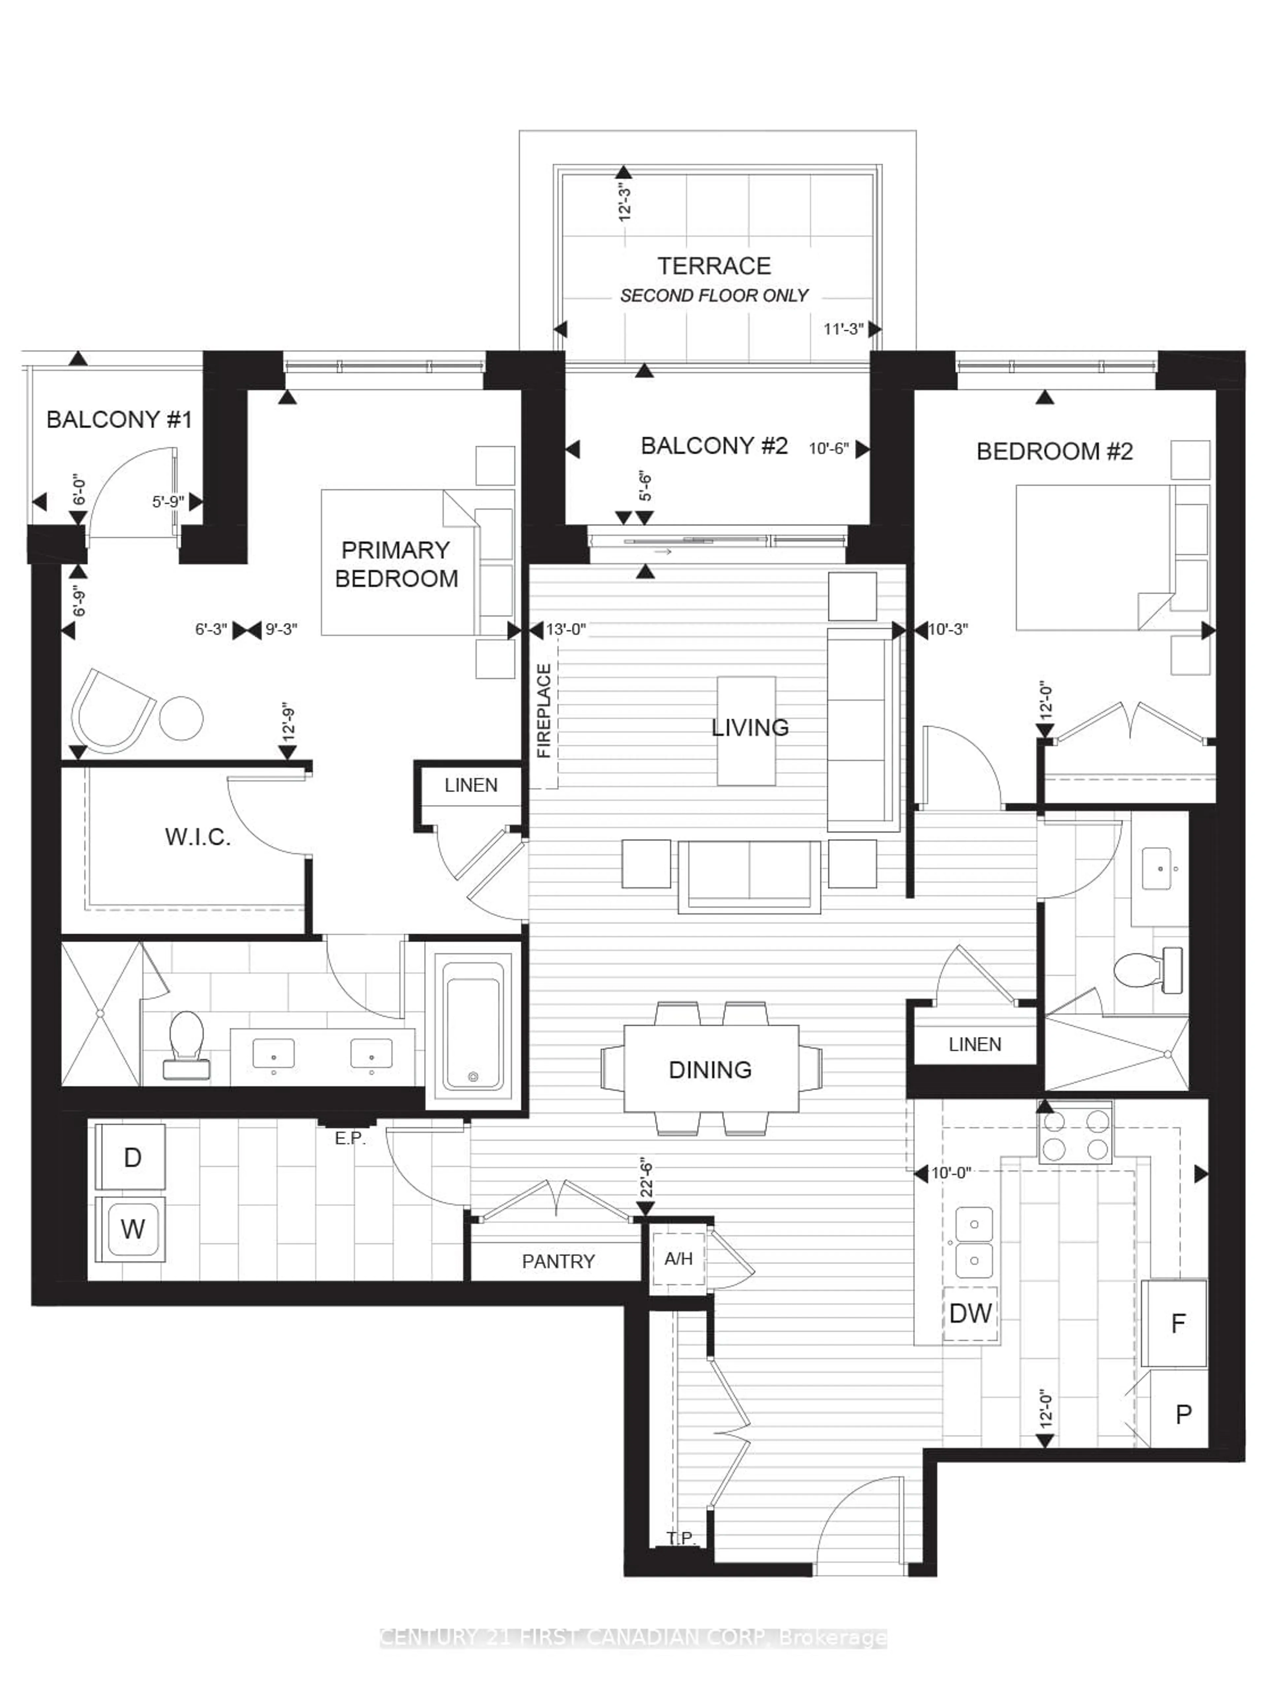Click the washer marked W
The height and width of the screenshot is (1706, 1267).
click(132, 1229)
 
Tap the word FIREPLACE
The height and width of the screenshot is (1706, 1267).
click(544, 711)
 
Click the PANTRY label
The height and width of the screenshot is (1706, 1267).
click(558, 1261)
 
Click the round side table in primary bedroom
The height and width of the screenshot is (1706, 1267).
click(181, 718)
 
